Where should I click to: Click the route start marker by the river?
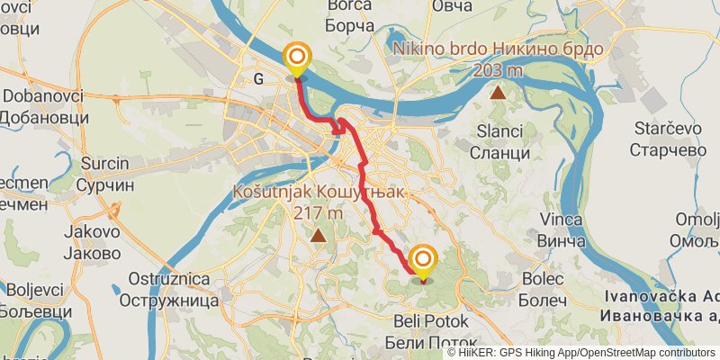point(296,59)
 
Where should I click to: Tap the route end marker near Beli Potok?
point(422,261)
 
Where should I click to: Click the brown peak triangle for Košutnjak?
point(319,236)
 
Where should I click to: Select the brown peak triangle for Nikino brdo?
point(497,91)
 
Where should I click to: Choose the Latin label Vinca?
point(561,220)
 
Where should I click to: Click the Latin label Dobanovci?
point(43,96)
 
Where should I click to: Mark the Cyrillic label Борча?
point(352,26)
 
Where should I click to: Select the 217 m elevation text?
point(318,214)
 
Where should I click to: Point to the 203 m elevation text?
point(497,70)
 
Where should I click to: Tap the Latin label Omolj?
point(698,220)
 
